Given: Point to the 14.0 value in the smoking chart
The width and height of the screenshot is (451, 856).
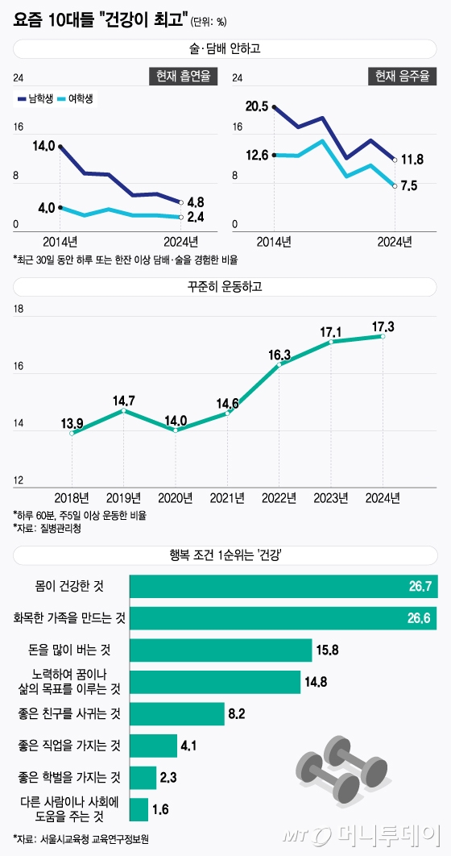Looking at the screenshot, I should (x=43, y=146).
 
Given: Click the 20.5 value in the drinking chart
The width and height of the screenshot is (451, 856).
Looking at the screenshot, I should (x=257, y=106).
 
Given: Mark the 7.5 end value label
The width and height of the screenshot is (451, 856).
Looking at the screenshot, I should (x=408, y=186).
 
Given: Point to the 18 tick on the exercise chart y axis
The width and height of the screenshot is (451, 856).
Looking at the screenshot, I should (x=19, y=310).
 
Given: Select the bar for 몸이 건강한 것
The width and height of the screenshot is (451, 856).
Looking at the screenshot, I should (x=283, y=586).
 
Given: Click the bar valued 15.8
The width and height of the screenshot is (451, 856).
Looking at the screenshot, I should (x=220, y=628).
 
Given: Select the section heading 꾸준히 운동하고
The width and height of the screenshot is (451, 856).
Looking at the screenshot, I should (x=225, y=285).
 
